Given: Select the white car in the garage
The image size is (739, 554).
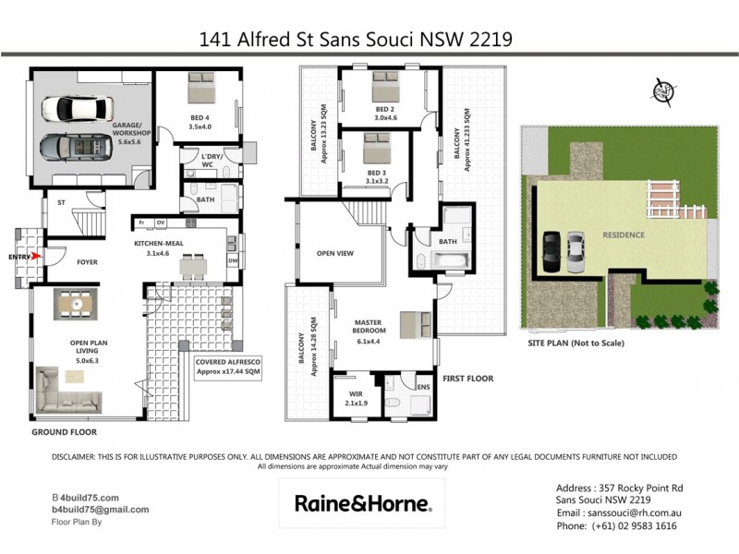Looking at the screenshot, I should pyautogui.click(x=73, y=109).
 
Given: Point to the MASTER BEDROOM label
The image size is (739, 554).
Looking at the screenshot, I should pyautogui.click(x=374, y=328).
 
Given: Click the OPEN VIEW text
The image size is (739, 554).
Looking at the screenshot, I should pyautogui.click(x=336, y=252).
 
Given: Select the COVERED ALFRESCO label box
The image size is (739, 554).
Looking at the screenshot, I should pyautogui.click(x=228, y=367).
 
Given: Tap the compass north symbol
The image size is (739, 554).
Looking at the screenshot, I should pyautogui.click(x=661, y=92).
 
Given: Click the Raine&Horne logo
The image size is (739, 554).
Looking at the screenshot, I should pyautogui.click(x=361, y=503).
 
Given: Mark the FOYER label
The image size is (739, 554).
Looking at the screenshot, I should pyautogui.click(x=87, y=262).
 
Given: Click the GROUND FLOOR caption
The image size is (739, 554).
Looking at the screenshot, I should pyautogui.click(x=64, y=432).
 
